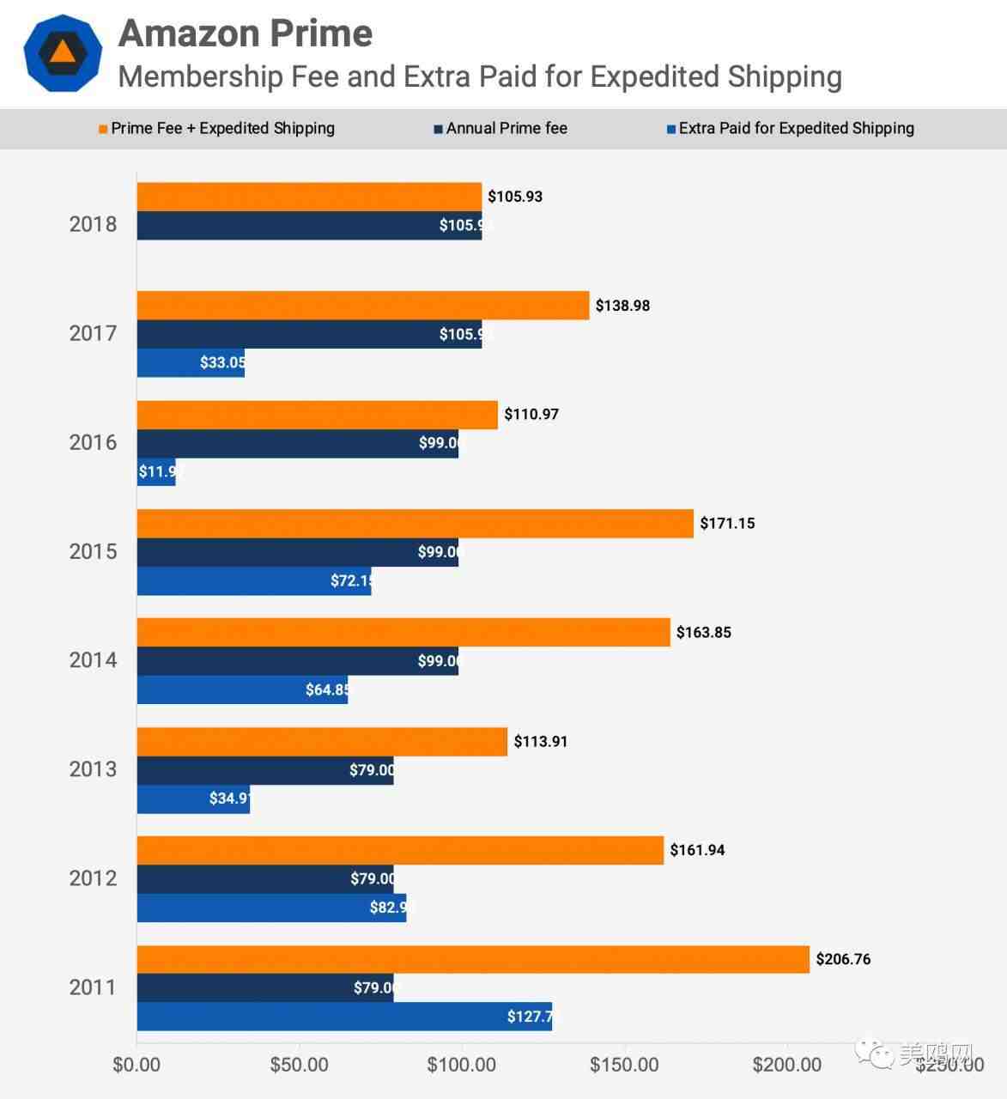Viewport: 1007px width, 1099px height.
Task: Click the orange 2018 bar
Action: pos(309,197)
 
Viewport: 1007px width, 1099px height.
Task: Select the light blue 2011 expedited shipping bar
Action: pos(343,1017)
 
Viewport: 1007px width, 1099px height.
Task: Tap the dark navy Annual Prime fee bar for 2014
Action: pos(297,661)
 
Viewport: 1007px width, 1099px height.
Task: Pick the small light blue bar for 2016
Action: pos(156,471)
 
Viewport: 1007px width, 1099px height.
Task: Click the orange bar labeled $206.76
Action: pos(472,959)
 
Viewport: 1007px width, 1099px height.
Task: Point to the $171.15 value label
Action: pos(727,523)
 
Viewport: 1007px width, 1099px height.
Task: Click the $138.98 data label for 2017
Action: pos(622,306)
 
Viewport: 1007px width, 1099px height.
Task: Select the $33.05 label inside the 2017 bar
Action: pos(221,362)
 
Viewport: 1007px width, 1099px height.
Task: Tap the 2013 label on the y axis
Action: pos(93,769)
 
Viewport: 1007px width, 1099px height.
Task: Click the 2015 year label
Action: pos(93,551)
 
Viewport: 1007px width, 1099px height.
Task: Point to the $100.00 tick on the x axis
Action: pos(462,1065)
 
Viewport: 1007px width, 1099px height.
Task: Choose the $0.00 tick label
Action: pos(136,1065)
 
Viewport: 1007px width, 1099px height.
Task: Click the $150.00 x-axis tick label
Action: pos(624,1065)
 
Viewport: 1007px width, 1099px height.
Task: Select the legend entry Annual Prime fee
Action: pos(506,129)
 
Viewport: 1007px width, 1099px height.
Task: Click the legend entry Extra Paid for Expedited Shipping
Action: pos(796,129)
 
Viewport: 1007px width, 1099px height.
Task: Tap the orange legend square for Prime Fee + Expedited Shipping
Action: pos(103,130)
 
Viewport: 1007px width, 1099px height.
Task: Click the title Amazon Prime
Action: pos(246,33)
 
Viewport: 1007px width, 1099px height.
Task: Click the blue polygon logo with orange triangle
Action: pos(63,52)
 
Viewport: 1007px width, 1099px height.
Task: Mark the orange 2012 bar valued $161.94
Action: pos(400,850)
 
